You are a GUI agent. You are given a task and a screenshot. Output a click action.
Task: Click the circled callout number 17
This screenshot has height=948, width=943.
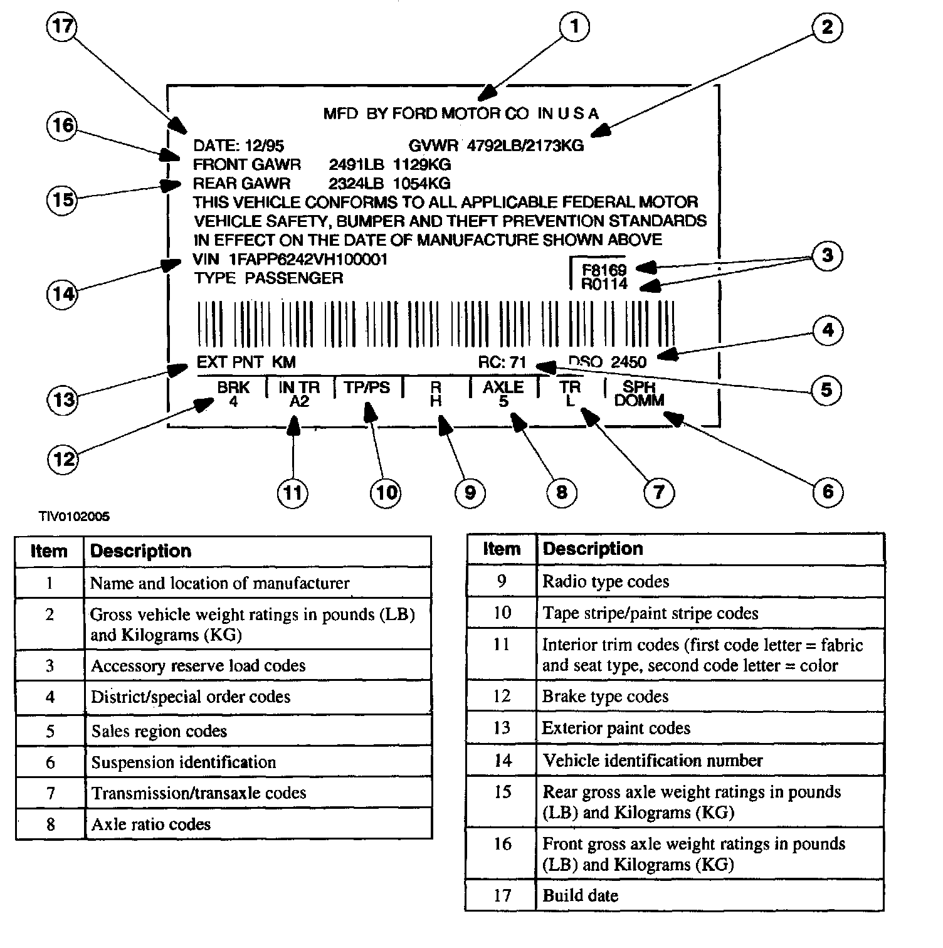tap(62, 27)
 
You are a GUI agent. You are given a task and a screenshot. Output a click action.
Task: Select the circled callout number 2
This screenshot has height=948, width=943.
tap(827, 28)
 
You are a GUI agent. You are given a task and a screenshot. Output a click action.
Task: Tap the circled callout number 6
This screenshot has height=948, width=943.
tap(828, 492)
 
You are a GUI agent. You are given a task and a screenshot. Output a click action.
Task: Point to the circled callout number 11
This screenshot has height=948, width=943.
tap(293, 493)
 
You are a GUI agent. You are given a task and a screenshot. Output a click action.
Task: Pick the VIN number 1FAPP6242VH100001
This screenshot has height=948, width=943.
tap(308, 260)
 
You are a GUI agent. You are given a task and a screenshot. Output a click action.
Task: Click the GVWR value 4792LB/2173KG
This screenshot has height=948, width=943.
tap(525, 146)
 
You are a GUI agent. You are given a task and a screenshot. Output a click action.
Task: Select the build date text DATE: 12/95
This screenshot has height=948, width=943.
tap(238, 146)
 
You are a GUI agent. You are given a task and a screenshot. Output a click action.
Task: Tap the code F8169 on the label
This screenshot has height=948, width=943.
tap(604, 270)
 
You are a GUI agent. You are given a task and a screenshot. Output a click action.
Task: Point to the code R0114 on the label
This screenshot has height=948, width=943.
tap(604, 285)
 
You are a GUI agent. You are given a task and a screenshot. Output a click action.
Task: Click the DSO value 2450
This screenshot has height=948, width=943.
tap(628, 362)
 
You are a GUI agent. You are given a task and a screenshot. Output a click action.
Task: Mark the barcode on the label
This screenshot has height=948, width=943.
tap(436, 324)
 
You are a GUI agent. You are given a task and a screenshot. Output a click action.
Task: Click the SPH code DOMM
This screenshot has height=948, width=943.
tap(639, 401)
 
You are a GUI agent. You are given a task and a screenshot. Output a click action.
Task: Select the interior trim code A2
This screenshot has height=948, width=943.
tap(299, 401)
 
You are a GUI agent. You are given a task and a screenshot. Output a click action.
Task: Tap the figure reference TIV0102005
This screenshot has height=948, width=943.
tap(74, 517)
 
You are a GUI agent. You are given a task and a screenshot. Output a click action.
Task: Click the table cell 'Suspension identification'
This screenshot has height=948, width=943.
tap(184, 762)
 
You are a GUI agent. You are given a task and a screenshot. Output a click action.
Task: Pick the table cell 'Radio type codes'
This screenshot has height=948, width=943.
tap(606, 582)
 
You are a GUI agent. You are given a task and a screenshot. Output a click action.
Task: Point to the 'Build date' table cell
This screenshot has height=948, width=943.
tap(581, 895)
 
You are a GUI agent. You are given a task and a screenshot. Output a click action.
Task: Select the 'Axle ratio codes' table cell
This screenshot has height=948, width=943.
tap(151, 824)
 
